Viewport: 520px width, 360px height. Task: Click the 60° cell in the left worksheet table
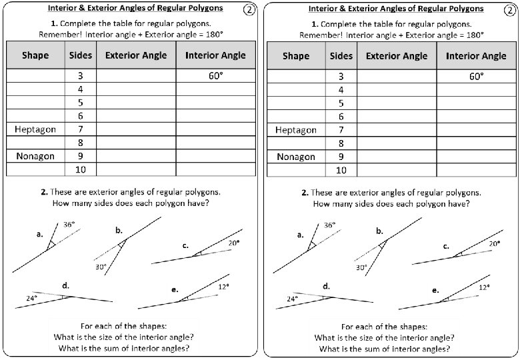coord(215,76)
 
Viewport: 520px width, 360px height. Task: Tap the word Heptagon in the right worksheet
coord(295,130)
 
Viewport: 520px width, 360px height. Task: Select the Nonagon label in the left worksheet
coord(35,157)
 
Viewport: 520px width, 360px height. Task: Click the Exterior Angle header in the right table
coord(397,55)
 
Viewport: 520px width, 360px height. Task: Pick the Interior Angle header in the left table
coord(215,55)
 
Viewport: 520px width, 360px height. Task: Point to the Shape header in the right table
coord(295,55)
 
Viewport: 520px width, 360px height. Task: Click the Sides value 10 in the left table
coord(81,170)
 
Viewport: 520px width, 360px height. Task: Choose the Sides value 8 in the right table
coord(341,143)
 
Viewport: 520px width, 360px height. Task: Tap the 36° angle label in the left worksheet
coord(69,225)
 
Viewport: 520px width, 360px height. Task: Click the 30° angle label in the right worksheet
coord(361,267)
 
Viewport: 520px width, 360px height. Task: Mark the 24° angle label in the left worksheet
coord(31,299)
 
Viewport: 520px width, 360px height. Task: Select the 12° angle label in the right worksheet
coord(484,287)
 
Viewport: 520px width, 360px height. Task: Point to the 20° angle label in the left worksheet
coord(234,243)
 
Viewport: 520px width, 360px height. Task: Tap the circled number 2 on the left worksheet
coord(249,9)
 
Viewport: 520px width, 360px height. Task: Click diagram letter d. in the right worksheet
coord(326,286)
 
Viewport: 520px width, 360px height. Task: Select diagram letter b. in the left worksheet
coord(119,230)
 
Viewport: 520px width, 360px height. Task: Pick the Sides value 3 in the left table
coord(81,76)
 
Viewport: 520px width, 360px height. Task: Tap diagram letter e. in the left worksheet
coord(175,290)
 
